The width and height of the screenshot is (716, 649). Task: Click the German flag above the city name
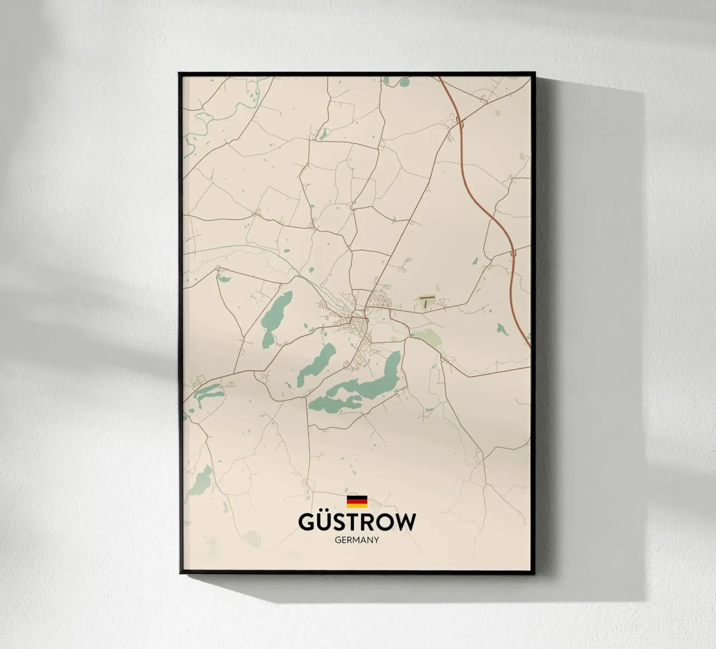pos(357,501)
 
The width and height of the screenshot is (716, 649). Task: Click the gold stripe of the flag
pos(357,505)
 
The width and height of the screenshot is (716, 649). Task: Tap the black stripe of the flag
pos(357,497)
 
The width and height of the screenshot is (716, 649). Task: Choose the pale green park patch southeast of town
pos(428,337)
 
